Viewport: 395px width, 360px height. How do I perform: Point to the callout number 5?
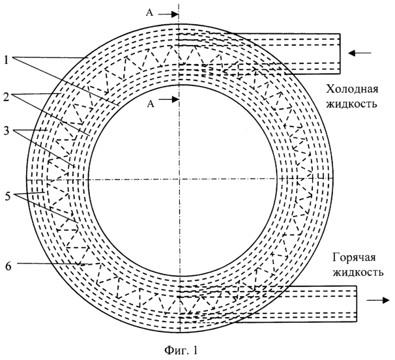[x=8, y=196]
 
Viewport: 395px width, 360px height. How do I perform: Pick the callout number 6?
[x=8, y=266]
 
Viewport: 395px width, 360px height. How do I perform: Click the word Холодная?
[x=352, y=89]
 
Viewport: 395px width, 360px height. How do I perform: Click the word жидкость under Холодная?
[x=352, y=103]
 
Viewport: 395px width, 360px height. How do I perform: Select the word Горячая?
[x=354, y=258]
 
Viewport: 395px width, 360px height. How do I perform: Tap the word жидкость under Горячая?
[x=358, y=272]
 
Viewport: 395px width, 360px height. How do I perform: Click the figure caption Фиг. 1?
[x=181, y=350]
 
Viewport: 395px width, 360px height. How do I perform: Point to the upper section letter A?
[x=150, y=13]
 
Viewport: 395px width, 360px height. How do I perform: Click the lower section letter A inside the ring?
[x=151, y=104]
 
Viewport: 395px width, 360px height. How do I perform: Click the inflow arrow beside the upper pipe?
[x=360, y=53]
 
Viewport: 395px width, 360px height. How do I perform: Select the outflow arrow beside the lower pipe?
[x=378, y=300]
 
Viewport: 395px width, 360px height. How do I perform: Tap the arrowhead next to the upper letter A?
[x=175, y=14]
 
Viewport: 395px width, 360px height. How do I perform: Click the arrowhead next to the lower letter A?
[x=175, y=99]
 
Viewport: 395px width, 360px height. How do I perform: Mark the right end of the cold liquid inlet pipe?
[x=340, y=53]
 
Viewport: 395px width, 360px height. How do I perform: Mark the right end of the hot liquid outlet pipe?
[x=357, y=304]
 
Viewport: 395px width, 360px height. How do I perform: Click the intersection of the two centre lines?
[x=179, y=179]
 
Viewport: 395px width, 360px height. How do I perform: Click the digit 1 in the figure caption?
[x=195, y=350]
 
